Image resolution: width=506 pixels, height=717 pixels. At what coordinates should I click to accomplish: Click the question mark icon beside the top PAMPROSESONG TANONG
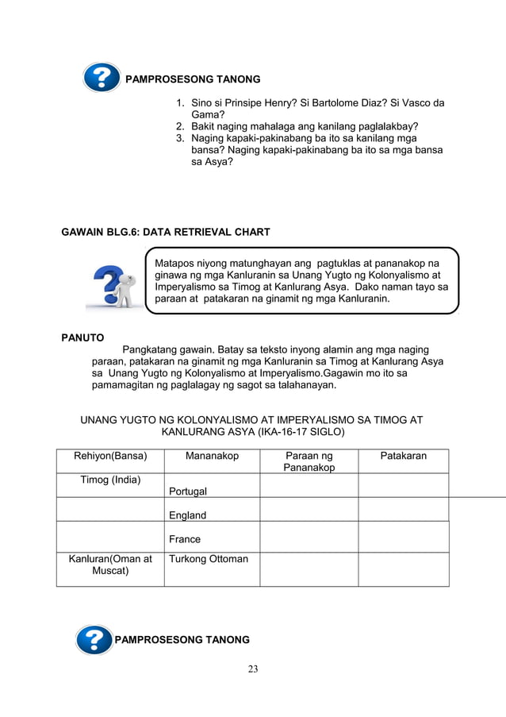(102, 78)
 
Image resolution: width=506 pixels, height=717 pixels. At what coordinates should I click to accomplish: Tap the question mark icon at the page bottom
(94, 639)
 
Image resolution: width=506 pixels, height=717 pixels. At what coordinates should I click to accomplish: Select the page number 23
(252, 669)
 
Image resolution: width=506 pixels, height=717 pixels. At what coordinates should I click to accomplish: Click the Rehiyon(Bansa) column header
(110, 456)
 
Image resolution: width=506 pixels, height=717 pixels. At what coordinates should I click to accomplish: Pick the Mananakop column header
(212, 456)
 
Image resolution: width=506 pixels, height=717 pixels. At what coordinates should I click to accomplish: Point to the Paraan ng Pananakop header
(309, 461)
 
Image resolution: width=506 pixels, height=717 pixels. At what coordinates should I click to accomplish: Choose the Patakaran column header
(403, 456)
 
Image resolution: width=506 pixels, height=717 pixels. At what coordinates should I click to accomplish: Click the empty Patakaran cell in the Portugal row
(403, 485)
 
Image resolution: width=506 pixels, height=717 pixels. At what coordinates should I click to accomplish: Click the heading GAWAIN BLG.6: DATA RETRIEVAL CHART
(166, 232)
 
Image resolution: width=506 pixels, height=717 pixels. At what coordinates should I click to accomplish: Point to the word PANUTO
(82, 337)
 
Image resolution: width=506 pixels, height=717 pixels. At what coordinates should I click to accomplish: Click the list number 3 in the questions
(180, 138)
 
